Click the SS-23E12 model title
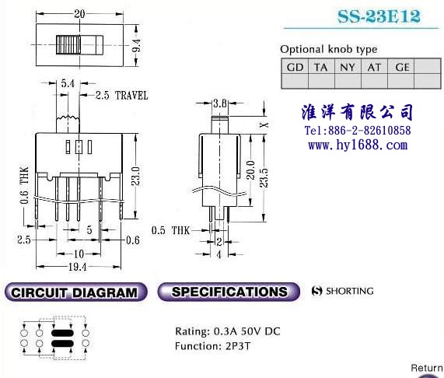pos(379,16)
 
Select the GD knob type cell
pos(295,67)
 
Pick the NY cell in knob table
pos(348,67)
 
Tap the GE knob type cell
pos(402,67)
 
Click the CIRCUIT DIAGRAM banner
pos(76,292)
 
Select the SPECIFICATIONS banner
pos(229,292)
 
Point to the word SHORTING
pos(350,291)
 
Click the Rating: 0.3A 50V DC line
pos(228,331)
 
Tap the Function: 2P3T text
pos(212,345)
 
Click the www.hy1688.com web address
pos(358,145)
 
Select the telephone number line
pos(358,130)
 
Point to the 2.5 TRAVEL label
pos(121,95)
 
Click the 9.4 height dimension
pos(137,45)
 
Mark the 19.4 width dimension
pos(77,267)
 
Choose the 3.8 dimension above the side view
pos(220,103)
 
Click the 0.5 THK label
pos(170,230)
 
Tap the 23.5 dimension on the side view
pos(264,178)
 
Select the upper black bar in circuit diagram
pos(62,333)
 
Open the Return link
pos(427,368)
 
